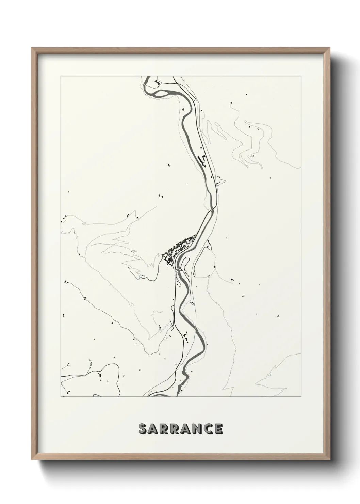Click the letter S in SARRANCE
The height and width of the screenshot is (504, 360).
(143, 429)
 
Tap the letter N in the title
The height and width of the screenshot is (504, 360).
(195, 429)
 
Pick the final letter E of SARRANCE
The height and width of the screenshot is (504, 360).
(218, 429)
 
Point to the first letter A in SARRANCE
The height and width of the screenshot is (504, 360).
(154, 429)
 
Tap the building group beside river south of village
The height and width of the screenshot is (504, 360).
(186, 335)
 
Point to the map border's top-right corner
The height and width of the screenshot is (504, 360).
(300, 76)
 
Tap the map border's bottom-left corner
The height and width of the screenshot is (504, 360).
(61, 397)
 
